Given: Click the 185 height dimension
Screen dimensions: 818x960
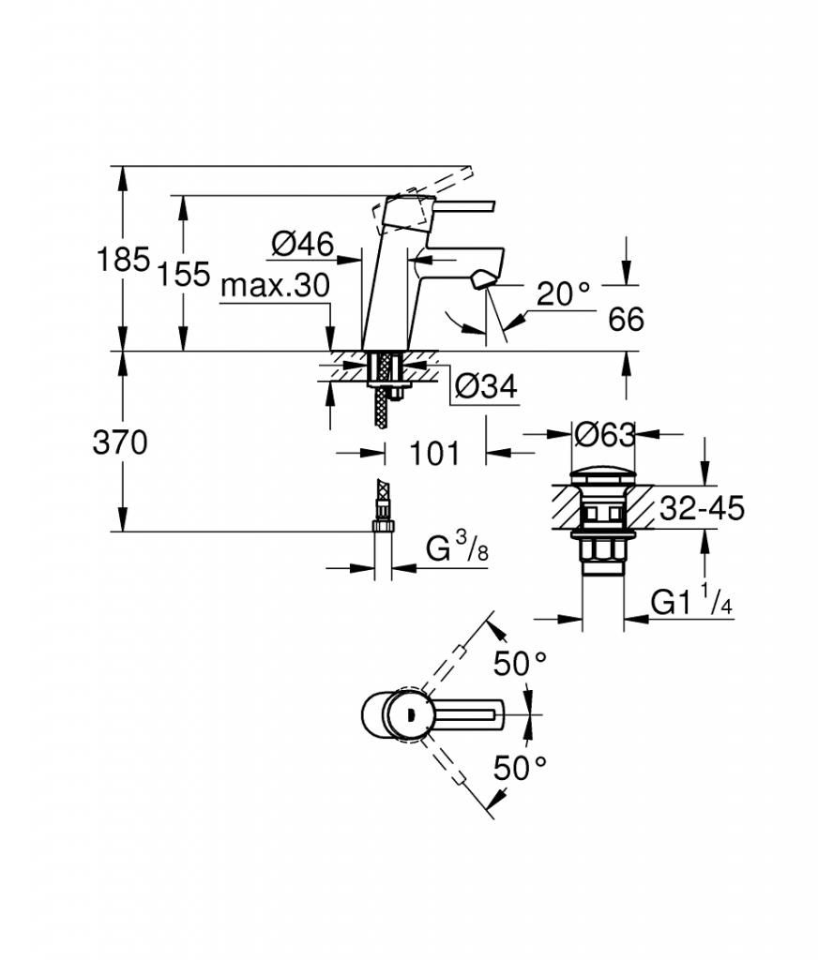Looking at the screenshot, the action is pyautogui.click(x=123, y=260).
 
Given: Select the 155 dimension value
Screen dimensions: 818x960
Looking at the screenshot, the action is pyautogui.click(x=184, y=274).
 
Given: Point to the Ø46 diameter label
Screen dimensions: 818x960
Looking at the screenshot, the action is pyautogui.click(x=303, y=245).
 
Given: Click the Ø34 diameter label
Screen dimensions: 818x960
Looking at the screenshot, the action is pyautogui.click(x=487, y=386).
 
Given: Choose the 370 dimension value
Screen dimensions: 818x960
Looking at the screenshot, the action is pyautogui.click(x=120, y=442).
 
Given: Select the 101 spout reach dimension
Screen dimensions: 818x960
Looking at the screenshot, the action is pyautogui.click(x=433, y=454).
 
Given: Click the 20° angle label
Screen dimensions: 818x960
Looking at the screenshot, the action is pyautogui.click(x=563, y=293).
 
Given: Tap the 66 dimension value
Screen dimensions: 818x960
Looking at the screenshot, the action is pyautogui.click(x=626, y=320).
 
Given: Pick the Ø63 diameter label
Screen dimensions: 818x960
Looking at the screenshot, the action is pyautogui.click(x=604, y=434).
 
